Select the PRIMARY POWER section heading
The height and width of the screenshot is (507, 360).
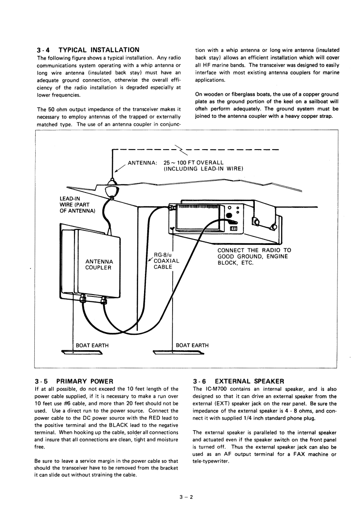89,381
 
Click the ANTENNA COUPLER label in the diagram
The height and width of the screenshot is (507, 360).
99,264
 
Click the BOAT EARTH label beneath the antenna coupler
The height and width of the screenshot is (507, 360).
92,345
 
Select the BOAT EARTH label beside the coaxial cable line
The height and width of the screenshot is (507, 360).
192,345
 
